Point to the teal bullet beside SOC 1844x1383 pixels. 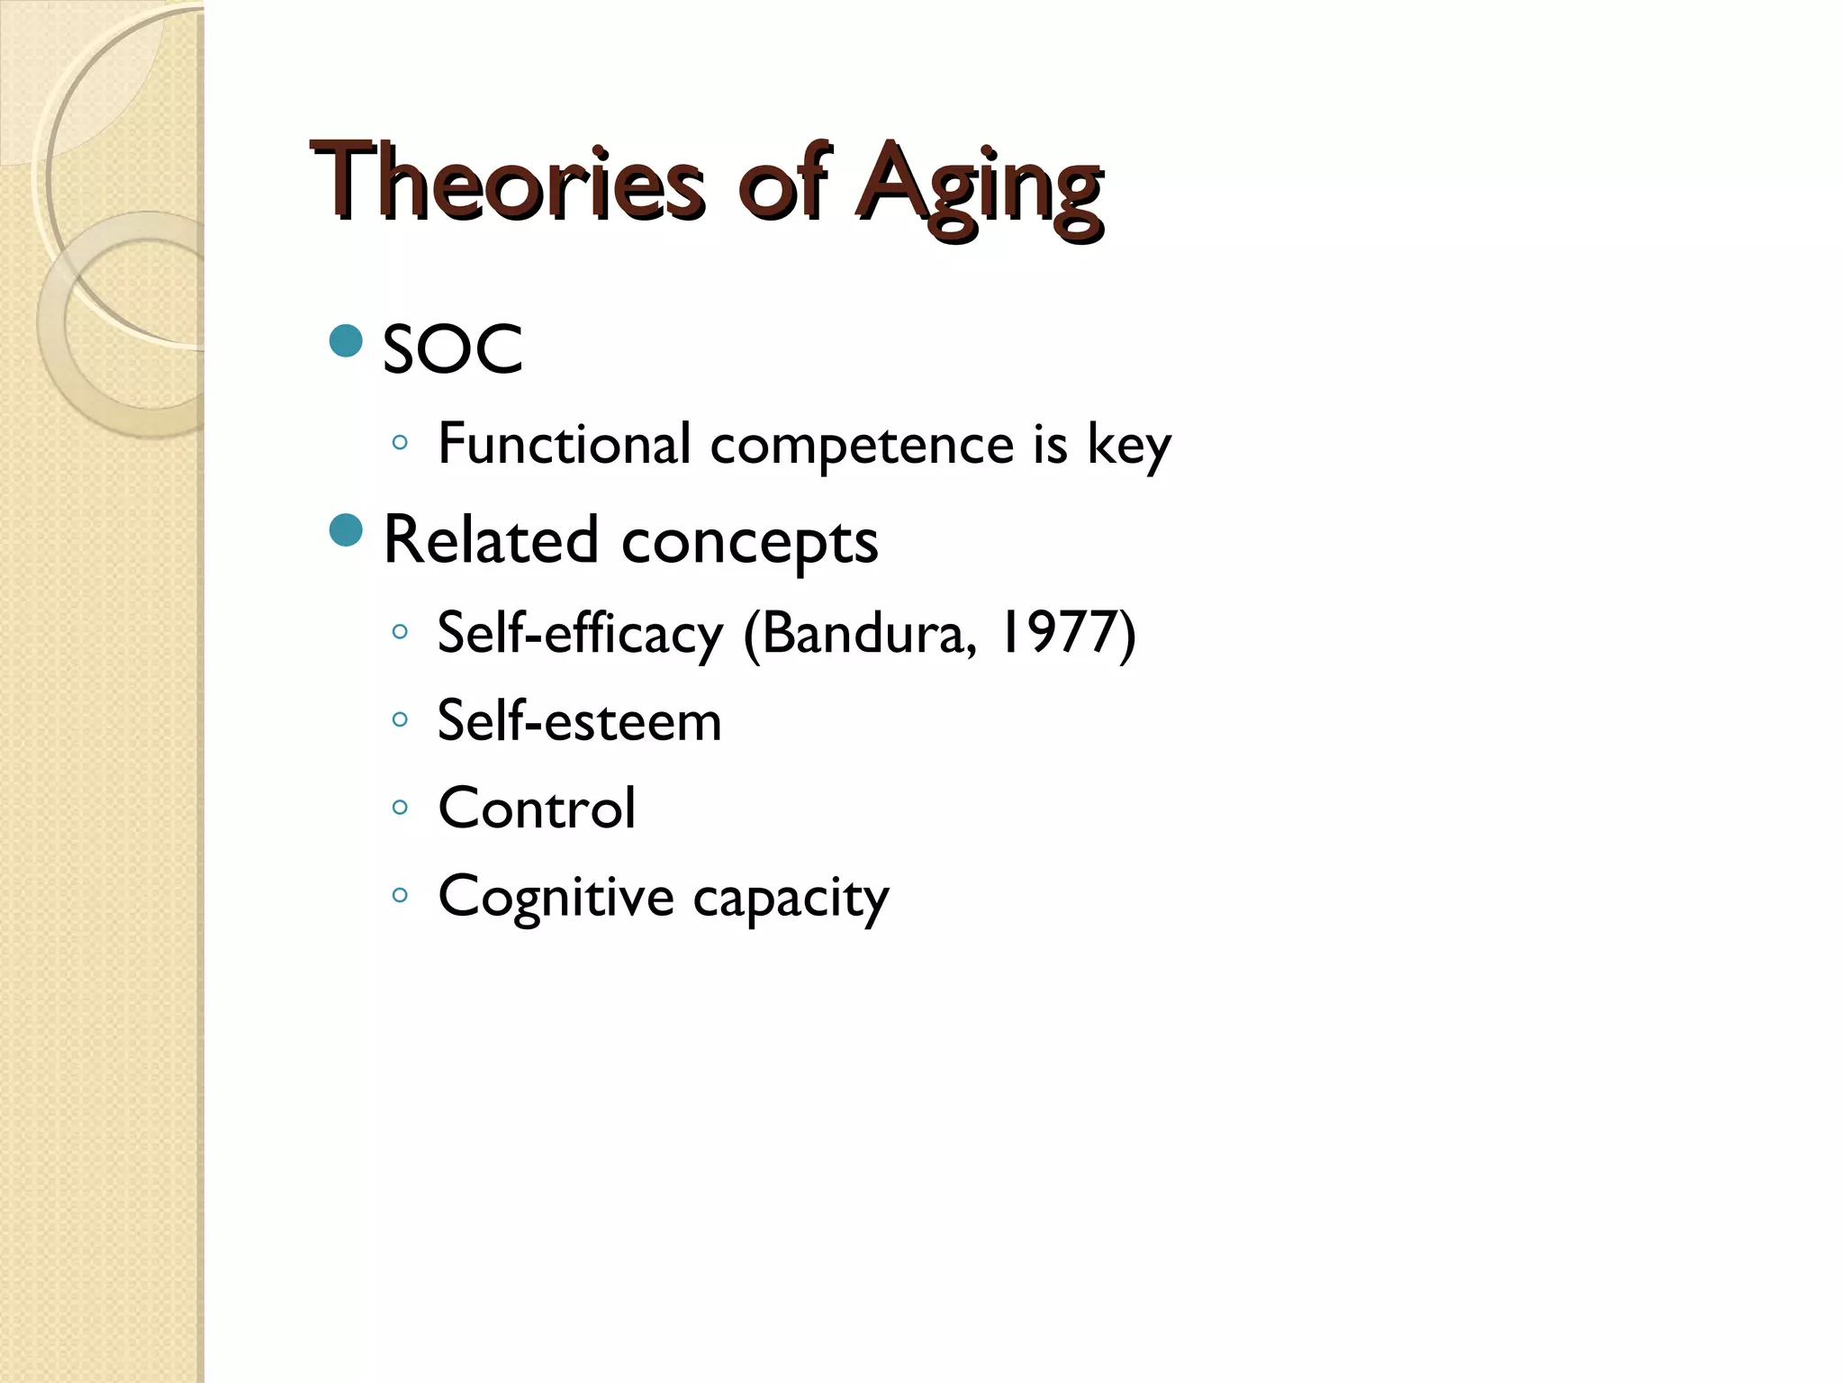(346, 341)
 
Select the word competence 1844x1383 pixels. (862, 446)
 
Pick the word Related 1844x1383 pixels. (491, 540)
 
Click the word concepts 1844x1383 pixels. (749, 543)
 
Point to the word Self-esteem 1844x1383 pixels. (579, 720)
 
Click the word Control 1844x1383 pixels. (537, 808)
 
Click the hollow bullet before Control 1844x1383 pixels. (400, 807)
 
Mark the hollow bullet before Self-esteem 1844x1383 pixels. (400, 719)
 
